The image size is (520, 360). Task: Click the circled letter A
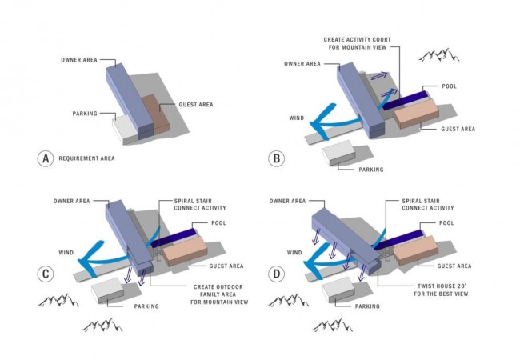(x=46, y=158)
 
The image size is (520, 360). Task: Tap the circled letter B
(x=276, y=158)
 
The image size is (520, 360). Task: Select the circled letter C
(x=46, y=274)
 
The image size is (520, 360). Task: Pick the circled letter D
(x=276, y=274)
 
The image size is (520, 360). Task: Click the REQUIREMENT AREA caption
(x=87, y=158)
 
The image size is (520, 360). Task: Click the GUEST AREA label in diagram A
(x=196, y=105)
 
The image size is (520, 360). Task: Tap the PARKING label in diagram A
(x=85, y=114)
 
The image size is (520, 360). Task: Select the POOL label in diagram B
(x=450, y=86)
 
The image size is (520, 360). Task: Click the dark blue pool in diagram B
(x=406, y=100)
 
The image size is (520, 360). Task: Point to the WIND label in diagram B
(x=297, y=118)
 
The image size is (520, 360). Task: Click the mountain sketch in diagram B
(x=438, y=55)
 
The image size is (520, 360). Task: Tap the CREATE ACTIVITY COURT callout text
(x=358, y=43)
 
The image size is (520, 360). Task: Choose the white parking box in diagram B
(x=339, y=153)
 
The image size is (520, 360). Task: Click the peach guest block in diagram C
(x=185, y=251)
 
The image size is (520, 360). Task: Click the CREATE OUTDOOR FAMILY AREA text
(x=219, y=294)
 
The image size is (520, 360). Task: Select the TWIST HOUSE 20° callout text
(x=441, y=290)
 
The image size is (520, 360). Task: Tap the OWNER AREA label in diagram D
(x=287, y=201)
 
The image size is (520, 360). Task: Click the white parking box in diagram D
(x=338, y=290)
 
